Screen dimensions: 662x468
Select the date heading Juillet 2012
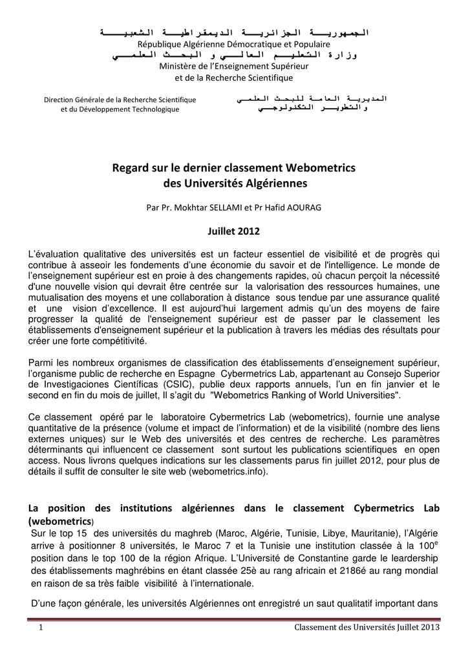[x=233, y=231]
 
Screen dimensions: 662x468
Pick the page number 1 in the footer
[x=40, y=628]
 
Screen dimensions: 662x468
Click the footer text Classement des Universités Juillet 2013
[x=367, y=628]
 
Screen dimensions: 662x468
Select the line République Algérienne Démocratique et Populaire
[x=234, y=43]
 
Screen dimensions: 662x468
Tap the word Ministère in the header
[x=180, y=67]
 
